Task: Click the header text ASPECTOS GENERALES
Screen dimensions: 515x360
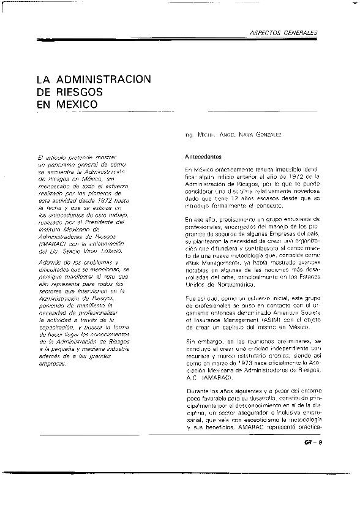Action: pyautogui.click(x=286, y=32)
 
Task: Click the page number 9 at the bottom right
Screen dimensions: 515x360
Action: pyautogui.click(x=321, y=445)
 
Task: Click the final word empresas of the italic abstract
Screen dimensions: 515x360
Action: pyautogui.click(x=50, y=364)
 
